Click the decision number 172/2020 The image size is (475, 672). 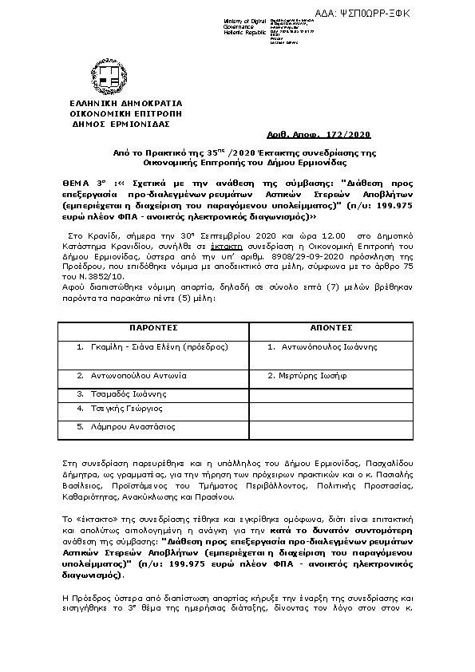pyautogui.click(x=352, y=136)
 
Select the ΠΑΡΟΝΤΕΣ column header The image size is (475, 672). pyautogui.click(x=153, y=328)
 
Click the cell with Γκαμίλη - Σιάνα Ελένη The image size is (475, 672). pyautogui.click(x=152, y=347)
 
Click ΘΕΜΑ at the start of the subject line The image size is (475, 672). pyautogui.click(x=77, y=181)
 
